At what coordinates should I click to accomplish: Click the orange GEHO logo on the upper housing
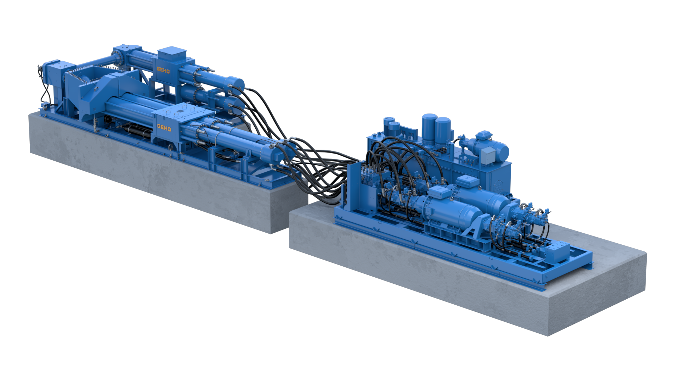(x=163, y=70)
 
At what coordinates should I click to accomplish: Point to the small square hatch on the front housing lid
(x=180, y=111)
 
